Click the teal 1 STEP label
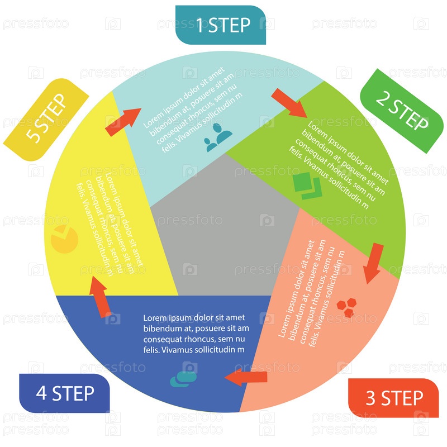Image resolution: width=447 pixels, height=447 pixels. pos(221,25)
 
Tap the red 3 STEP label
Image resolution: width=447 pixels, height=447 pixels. pos(394,398)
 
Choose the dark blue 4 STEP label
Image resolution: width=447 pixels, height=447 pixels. pos(65,393)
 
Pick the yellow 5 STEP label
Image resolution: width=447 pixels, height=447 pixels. pos(46,118)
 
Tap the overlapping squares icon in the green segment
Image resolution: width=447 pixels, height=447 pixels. pos(307,187)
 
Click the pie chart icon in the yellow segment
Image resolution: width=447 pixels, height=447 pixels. pos(64,239)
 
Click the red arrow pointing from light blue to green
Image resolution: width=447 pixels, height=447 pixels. pos(289,103)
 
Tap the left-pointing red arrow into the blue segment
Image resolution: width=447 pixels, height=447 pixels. pos(246,378)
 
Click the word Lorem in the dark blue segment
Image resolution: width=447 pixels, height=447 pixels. pos(156,317)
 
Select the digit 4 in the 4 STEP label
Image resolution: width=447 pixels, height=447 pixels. pos(41,393)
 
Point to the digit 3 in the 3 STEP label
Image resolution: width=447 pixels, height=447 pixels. pos(370,398)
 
